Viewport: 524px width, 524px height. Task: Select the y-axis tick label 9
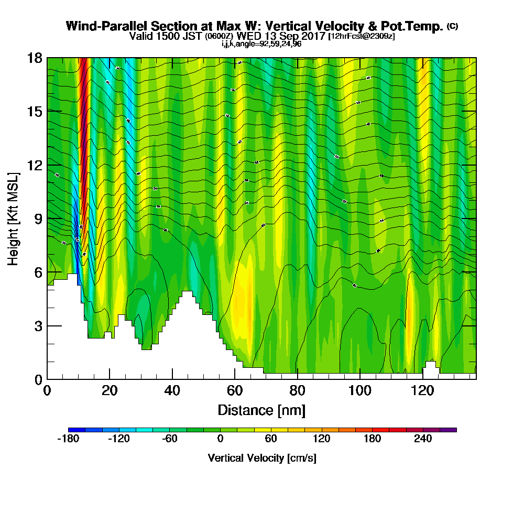(x=38, y=219)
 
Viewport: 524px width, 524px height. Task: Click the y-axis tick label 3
(x=38, y=325)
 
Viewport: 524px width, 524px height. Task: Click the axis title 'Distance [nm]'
(x=261, y=410)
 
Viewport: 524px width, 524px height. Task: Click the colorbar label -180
(x=67, y=439)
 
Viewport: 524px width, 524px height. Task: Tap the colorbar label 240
(x=423, y=439)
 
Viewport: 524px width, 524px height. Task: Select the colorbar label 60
(x=271, y=439)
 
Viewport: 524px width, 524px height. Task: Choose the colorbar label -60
(x=169, y=439)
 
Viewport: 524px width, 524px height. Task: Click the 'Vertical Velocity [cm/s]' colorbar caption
(x=261, y=458)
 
